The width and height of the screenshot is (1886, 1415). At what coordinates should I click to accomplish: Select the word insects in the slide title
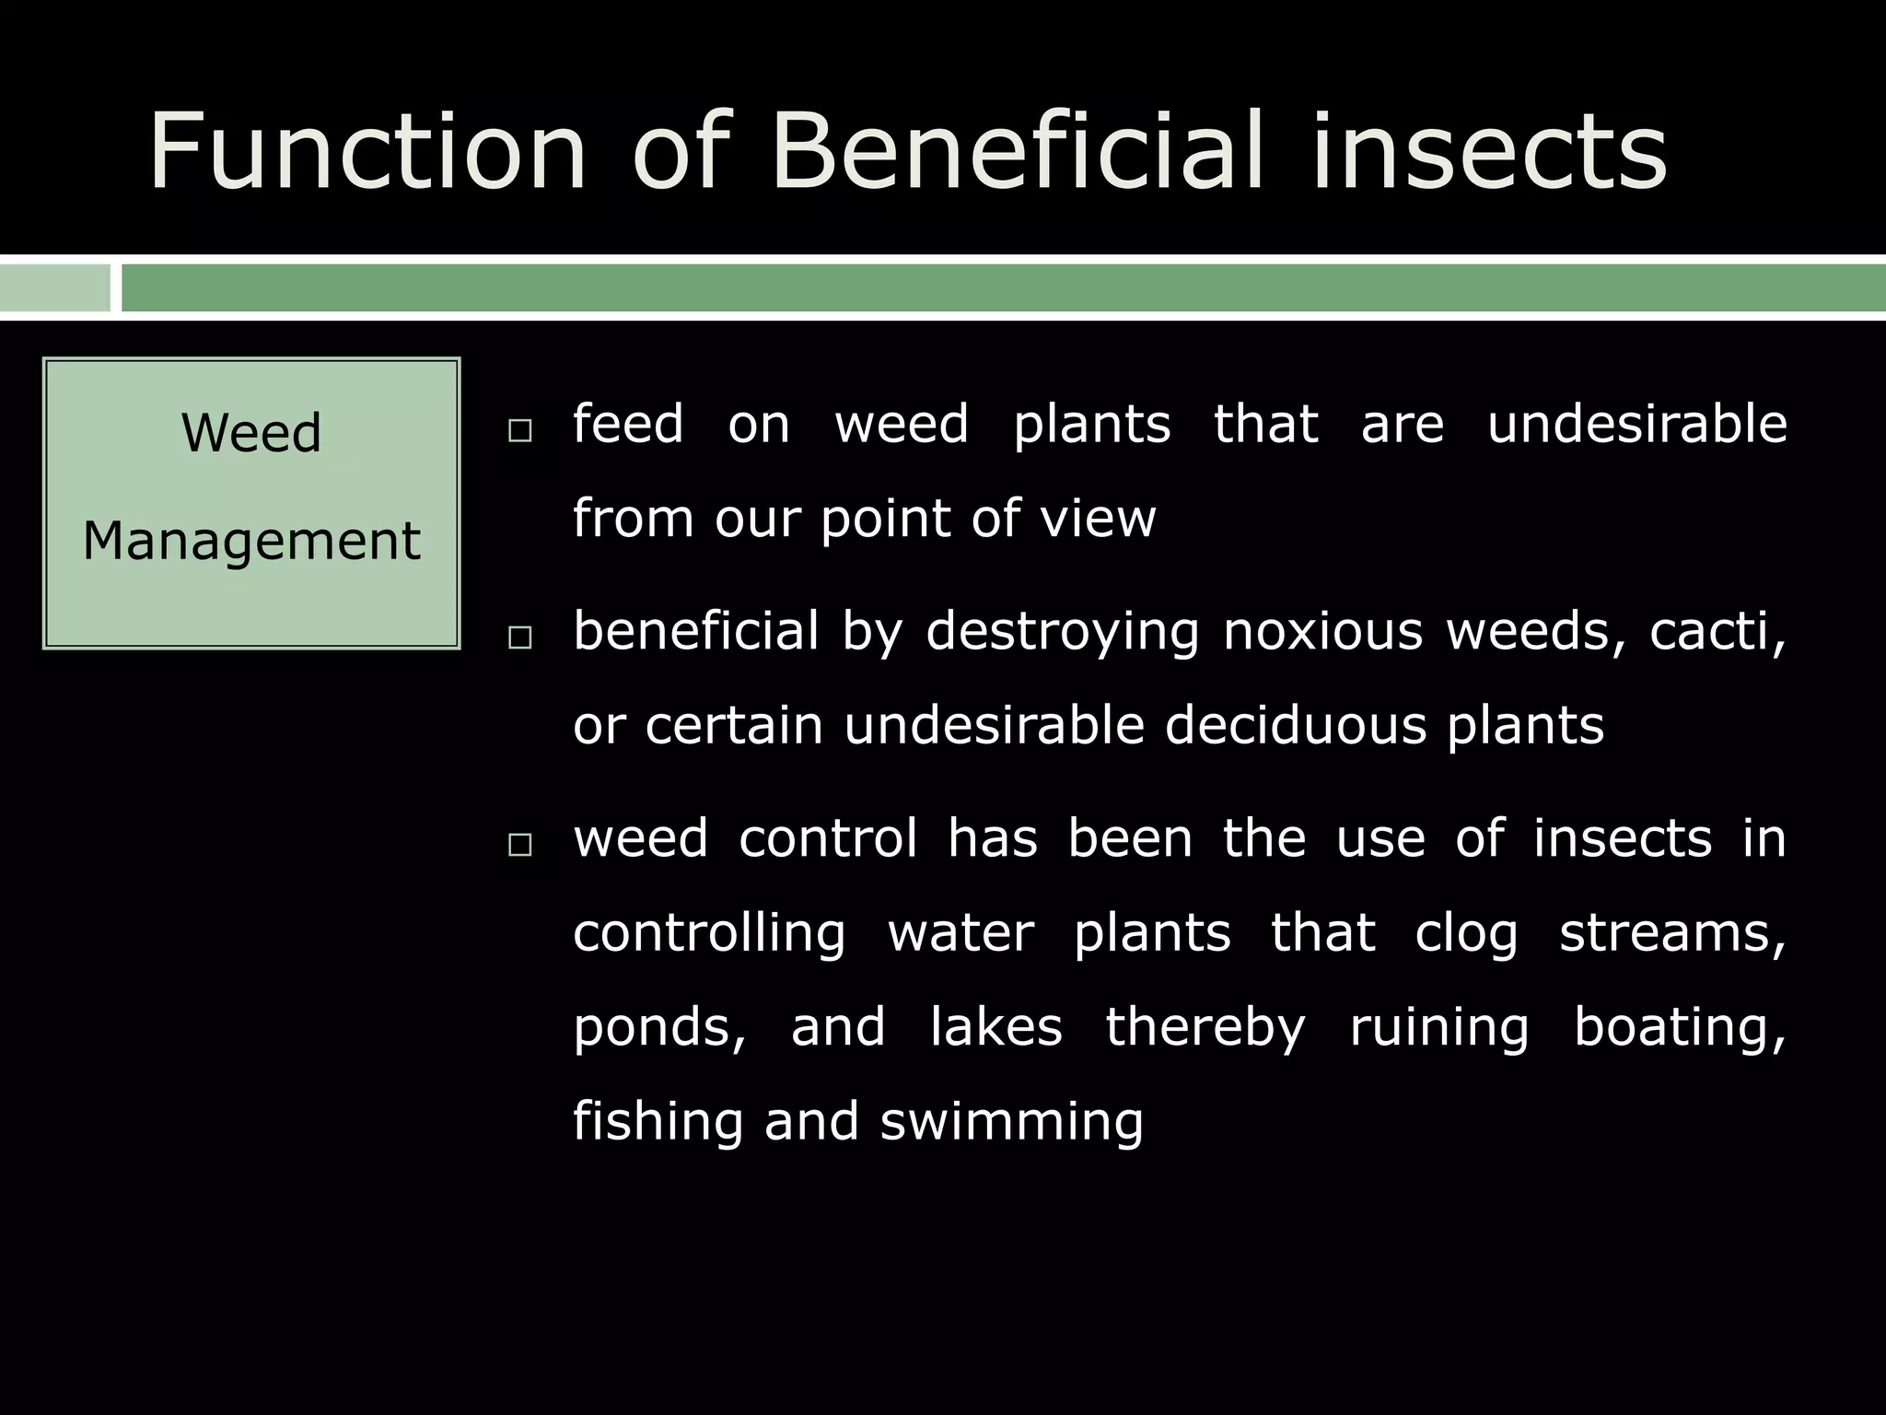click(1490, 150)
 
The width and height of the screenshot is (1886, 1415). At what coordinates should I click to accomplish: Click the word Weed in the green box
click(251, 433)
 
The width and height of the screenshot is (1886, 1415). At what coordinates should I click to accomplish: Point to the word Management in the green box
click(251, 541)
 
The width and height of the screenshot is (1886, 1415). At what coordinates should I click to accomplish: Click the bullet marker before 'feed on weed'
click(520, 431)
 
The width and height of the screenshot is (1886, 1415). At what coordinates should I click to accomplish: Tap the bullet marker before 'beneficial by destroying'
click(520, 637)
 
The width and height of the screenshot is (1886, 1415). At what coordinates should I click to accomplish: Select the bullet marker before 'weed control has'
click(520, 845)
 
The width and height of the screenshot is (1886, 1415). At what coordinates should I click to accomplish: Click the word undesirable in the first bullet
click(1637, 424)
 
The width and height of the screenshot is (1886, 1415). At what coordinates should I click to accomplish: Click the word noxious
click(1322, 632)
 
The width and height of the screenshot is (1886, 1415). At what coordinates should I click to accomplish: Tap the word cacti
click(1715, 632)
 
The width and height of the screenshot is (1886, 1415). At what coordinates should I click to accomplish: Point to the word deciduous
click(1295, 726)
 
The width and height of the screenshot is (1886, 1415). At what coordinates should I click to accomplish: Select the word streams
click(1672, 933)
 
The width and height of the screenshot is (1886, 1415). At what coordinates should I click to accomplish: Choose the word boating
click(1680, 1028)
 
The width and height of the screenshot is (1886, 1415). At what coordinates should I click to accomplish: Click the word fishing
click(656, 1122)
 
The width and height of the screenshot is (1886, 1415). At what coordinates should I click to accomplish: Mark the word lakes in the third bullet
click(996, 1026)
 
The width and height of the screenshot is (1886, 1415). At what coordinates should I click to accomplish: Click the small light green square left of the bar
click(54, 288)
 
